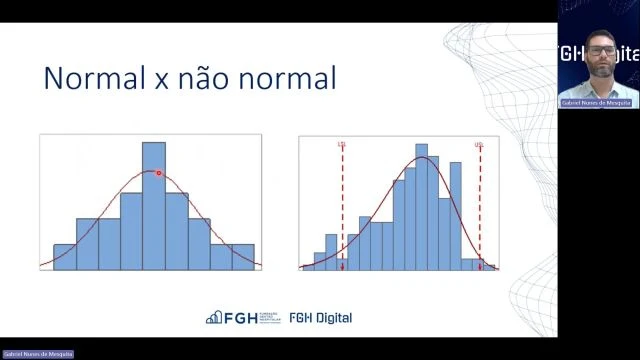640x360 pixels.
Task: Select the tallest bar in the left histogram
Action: coord(154,205)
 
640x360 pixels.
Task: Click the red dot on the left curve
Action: coord(158,173)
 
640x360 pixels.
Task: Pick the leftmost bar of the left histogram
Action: coord(65,256)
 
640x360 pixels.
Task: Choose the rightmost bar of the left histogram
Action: coord(243,256)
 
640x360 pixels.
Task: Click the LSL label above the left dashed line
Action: coord(342,144)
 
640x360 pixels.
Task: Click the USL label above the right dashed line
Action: coord(479,144)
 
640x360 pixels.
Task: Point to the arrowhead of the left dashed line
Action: coord(342,265)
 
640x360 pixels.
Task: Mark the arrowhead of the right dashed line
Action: coord(480,265)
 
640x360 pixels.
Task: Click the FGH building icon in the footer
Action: coord(213,318)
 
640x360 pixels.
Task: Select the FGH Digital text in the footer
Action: coord(320,318)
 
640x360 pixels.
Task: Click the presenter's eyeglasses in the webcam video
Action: coord(600,50)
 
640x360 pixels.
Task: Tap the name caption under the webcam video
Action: coord(597,103)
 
